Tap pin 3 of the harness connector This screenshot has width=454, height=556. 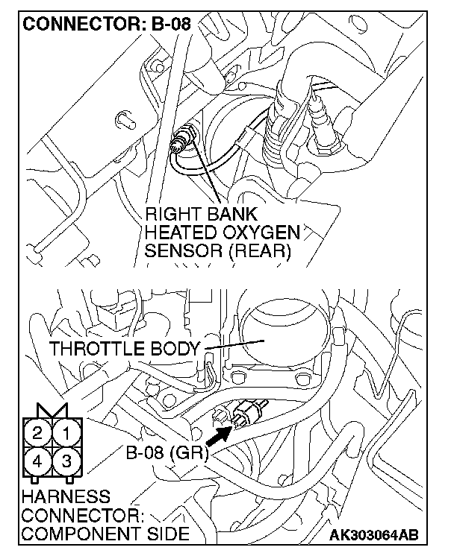(x=66, y=460)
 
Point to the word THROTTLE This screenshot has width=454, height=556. (x=96, y=348)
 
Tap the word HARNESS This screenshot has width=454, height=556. (x=55, y=496)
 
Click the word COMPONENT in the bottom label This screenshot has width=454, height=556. (x=72, y=534)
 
